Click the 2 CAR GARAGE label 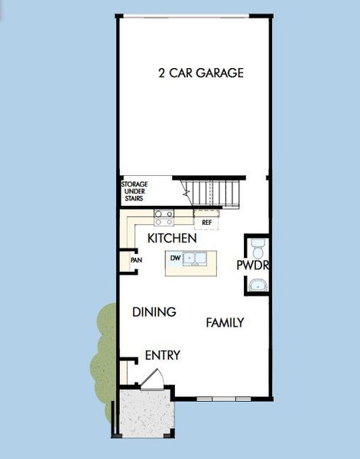click(201, 73)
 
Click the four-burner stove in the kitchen click(164, 216)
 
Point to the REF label click(206, 223)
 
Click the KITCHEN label click(172, 239)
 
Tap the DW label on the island click(175, 258)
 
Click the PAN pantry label click(136, 260)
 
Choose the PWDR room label click(253, 265)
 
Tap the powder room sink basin click(258, 285)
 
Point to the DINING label click(154, 312)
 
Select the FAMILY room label click(225, 323)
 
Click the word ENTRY click(163, 355)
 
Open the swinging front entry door click(152, 381)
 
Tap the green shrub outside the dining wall click(103, 360)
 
